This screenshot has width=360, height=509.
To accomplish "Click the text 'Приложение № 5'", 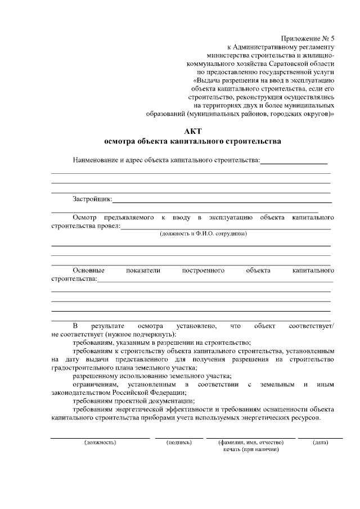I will (308, 38).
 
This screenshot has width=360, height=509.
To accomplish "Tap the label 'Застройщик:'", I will (92, 199).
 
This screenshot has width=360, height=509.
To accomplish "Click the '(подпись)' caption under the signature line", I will (180, 442).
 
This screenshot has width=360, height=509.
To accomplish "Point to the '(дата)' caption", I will (320, 442).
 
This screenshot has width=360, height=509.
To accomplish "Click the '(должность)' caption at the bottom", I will (100, 442).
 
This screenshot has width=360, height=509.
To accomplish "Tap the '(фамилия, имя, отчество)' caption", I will (251, 442).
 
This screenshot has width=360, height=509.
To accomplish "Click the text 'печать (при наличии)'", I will (251, 449).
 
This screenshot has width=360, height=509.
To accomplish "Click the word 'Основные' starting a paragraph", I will (88, 271).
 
